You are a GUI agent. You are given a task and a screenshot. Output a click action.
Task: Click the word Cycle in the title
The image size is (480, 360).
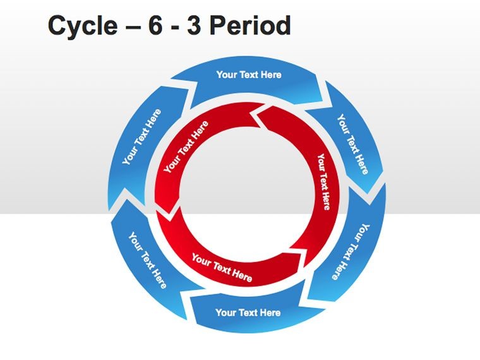pyautogui.click(x=83, y=27)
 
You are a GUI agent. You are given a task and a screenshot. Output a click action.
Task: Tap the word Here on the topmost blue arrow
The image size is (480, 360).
pyautogui.click(x=271, y=75)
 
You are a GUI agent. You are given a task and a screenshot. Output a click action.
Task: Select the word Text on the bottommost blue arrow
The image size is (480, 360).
pyautogui.click(x=249, y=313)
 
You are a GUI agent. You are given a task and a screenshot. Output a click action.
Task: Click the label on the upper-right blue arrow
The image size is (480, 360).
pyautogui.click(x=352, y=144)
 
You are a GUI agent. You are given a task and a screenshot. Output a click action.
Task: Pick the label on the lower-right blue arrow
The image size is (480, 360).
pyautogui.click(x=351, y=251)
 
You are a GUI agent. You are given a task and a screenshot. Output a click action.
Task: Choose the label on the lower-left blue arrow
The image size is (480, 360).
pyautogui.click(x=147, y=260)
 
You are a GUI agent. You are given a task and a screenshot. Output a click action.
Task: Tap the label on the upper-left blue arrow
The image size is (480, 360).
pyautogui.click(x=141, y=136)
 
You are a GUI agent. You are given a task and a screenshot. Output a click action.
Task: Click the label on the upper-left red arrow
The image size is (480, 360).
pyautogui.click(x=186, y=147)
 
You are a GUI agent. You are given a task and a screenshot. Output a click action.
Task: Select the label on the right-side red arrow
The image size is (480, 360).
pyautogui.click(x=323, y=181)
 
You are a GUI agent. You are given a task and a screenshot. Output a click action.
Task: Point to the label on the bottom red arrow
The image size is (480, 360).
pyautogui.click(x=222, y=268)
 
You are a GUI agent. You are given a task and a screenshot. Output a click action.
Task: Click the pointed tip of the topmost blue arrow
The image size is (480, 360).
pyautogui.click(x=333, y=107)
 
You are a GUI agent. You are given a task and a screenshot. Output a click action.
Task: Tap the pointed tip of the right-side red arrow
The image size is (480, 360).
pyautogui.click(x=290, y=248)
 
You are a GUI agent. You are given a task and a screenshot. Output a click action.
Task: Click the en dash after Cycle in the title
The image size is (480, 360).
pyautogui.click(x=133, y=27)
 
